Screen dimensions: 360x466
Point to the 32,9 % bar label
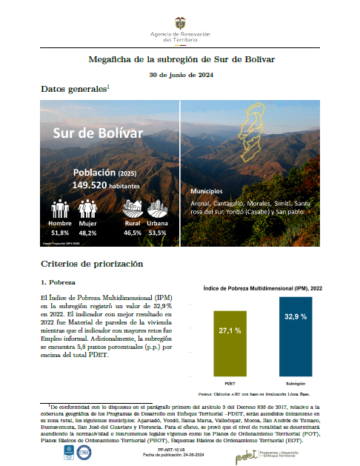click(x=290, y=316)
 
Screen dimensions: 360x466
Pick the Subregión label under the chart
click(x=290, y=384)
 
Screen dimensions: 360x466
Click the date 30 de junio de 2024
click(x=180, y=75)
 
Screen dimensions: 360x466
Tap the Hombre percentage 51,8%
click(x=60, y=233)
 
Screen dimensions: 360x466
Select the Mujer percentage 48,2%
click(x=87, y=233)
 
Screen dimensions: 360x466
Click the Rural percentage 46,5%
click(x=133, y=233)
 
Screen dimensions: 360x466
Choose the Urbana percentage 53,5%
click(x=158, y=233)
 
